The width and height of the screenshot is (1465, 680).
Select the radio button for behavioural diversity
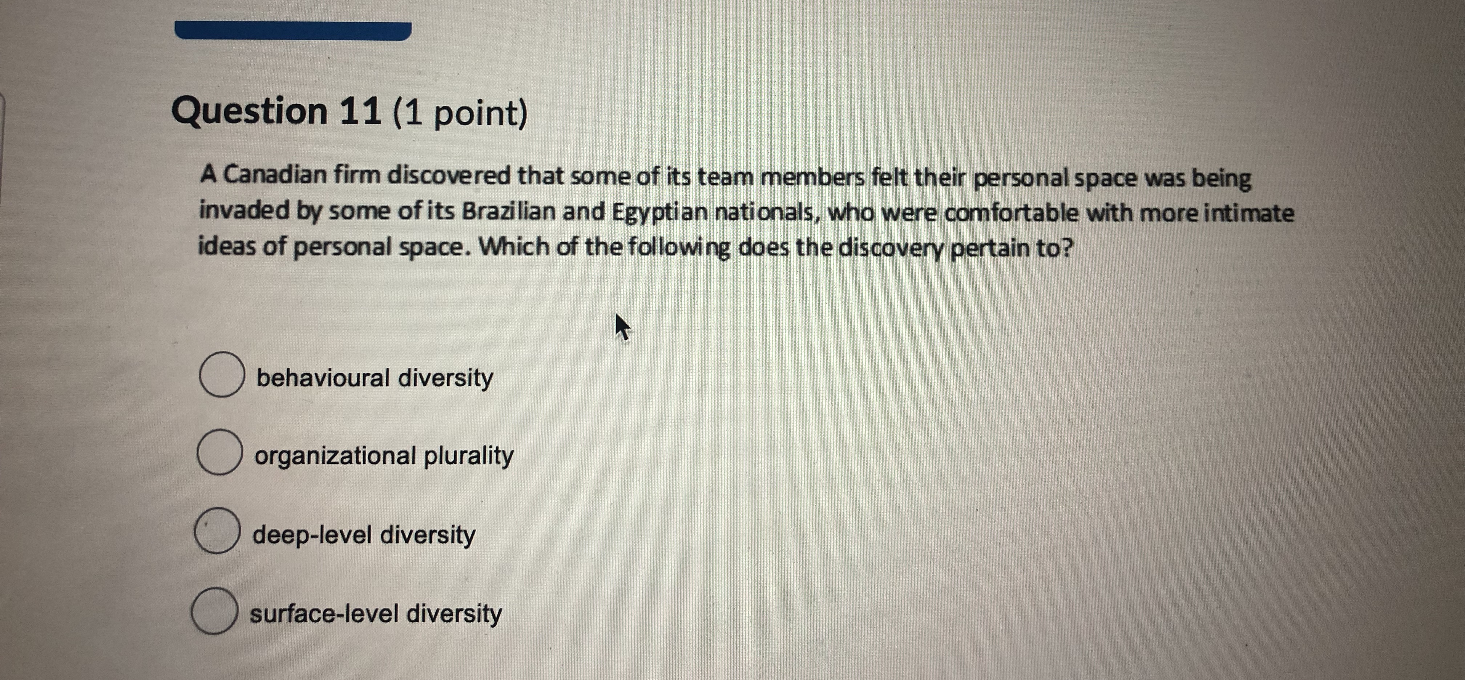222,374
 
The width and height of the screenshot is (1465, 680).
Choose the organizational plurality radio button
219,452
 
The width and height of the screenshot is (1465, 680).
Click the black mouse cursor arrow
622,327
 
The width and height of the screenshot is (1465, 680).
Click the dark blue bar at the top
293,31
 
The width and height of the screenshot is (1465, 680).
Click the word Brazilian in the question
508,211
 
